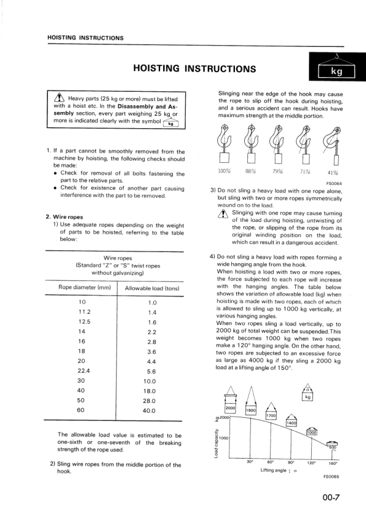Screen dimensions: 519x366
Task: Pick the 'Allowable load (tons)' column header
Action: pos(152,288)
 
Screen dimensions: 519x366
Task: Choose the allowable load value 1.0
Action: pos(153,302)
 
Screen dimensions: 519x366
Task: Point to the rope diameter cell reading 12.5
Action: pos(82,322)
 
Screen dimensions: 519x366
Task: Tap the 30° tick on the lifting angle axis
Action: pos(250,462)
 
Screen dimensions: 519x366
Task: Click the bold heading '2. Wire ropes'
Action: pos(65,216)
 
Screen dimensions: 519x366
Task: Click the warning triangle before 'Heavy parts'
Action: pos(60,98)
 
